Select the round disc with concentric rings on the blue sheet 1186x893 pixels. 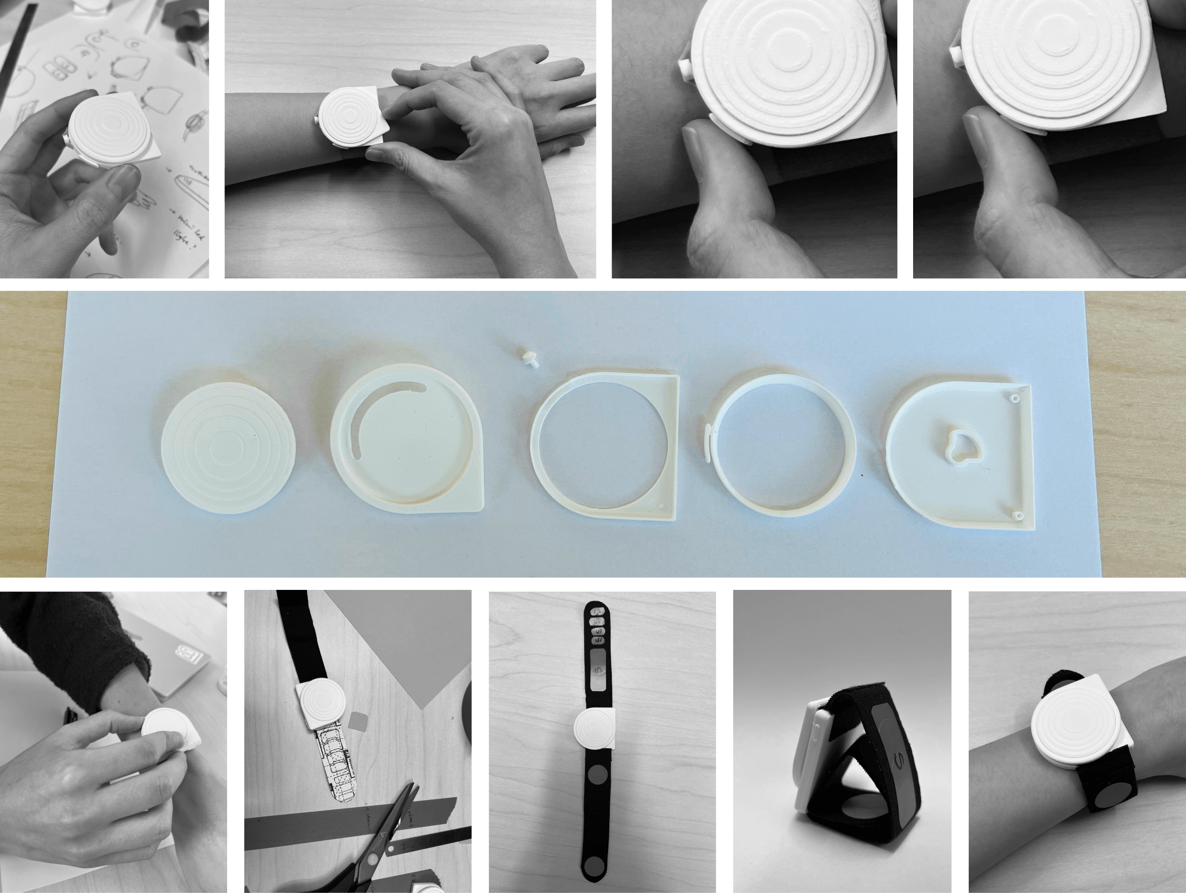click(229, 448)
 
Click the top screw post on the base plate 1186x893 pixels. click(1014, 398)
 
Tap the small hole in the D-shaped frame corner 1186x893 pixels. click(661, 505)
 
